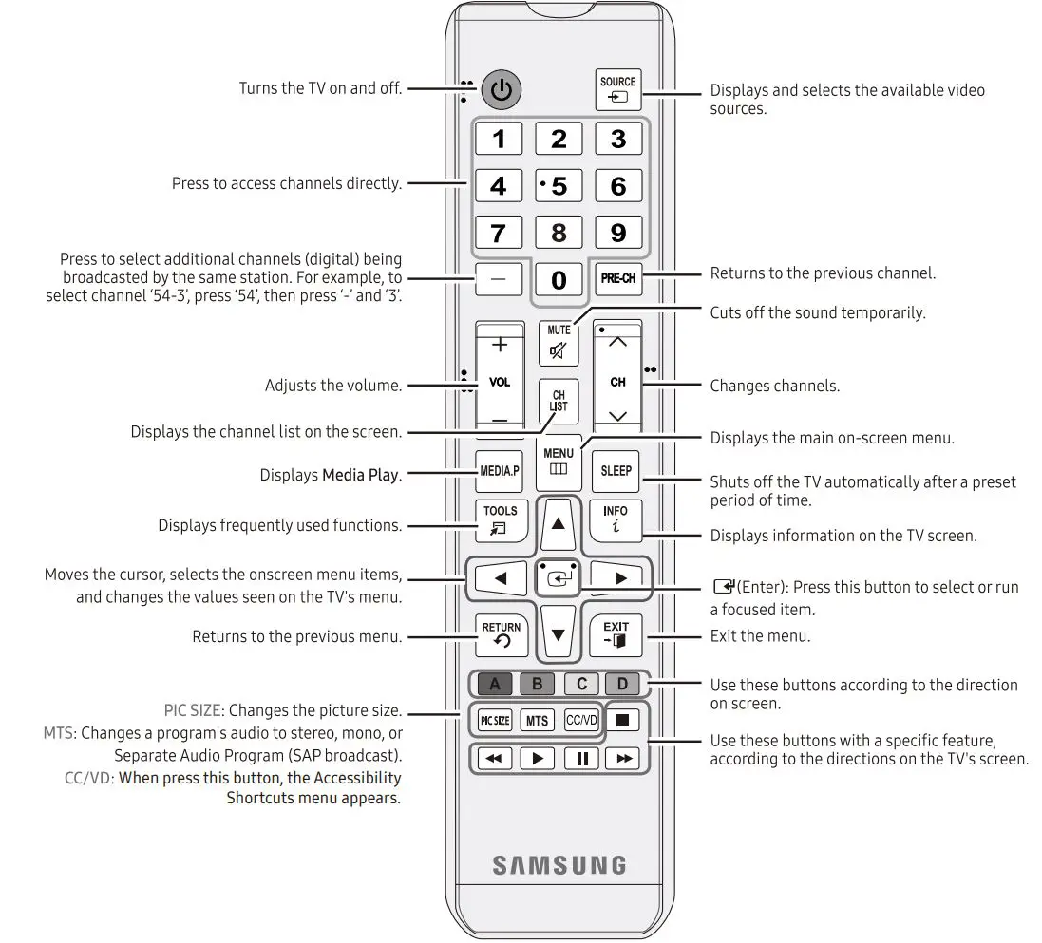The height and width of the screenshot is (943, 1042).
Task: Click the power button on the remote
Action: pyautogui.click(x=502, y=91)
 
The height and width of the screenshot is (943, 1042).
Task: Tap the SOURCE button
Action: pyautogui.click(x=617, y=90)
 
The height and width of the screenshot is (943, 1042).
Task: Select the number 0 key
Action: pyautogui.click(x=559, y=279)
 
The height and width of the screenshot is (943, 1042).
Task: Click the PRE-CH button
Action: pyautogui.click(x=617, y=279)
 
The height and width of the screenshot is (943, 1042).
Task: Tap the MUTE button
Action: pyautogui.click(x=559, y=344)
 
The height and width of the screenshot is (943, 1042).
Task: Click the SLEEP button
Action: pyautogui.click(x=616, y=471)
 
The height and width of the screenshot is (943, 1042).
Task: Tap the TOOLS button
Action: pyautogui.click(x=501, y=519)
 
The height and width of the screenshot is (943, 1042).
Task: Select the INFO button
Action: pyautogui.click(x=616, y=519)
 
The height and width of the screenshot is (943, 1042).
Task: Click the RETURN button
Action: pyautogui.click(x=501, y=635)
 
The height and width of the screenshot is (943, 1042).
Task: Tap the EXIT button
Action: pyautogui.click(x=616, y=635)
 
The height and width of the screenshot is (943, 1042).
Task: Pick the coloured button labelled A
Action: pyautogui.click(x=494, y=684)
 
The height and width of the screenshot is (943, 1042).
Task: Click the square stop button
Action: pyautogui.click(x=623, y=721)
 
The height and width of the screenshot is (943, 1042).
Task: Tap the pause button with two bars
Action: pyautogui.click(x=581, y=759)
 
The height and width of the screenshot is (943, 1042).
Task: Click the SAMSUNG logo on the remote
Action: pyautogui.click(x=559, y=865)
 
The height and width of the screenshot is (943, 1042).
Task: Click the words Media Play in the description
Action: pyautogui.click(x=360, y=475)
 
